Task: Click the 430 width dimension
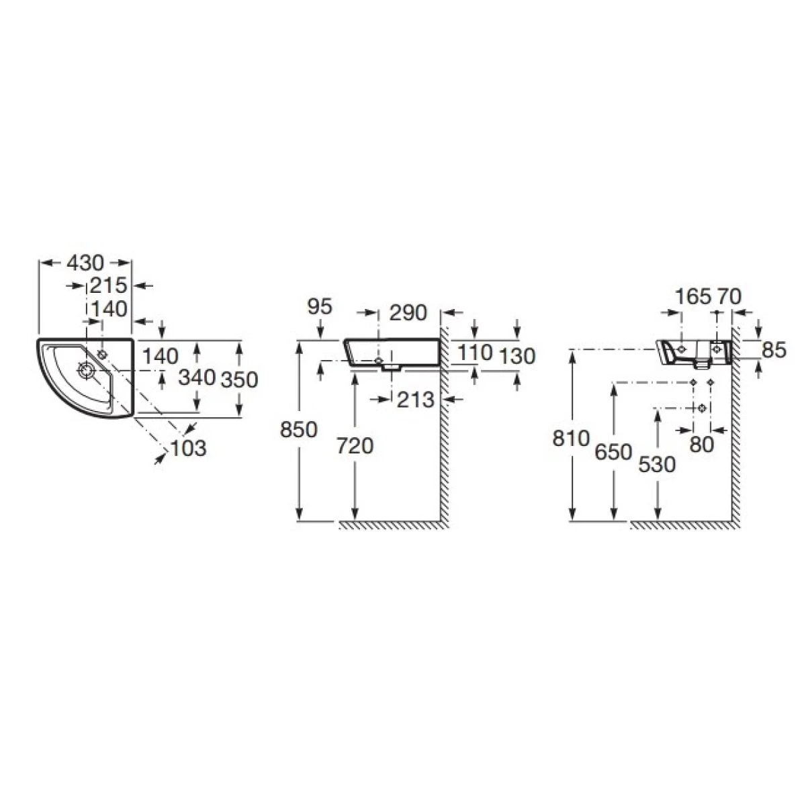(85, 263)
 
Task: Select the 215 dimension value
(108, 285)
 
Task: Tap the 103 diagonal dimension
(189, 449)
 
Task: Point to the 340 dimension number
(197, 377)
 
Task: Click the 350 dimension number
(239, 379)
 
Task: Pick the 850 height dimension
(299, 430)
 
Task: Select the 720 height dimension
(355, 446)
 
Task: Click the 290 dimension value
(408, 312)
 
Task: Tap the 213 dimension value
(415, 400)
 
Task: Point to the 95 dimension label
(320, 306)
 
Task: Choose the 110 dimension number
(475, 352)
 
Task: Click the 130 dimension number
(517, 357)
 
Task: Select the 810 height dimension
(571, 439)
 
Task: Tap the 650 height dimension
(613, 452)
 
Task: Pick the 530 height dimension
(657, 465)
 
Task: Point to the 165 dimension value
(693, 297)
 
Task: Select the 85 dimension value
(774, 350)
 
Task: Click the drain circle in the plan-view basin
(85, 370)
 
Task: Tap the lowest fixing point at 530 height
(703, 408)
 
